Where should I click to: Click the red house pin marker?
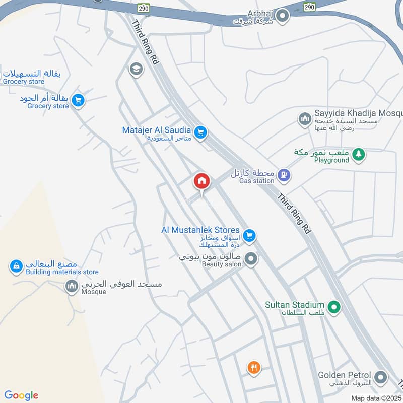coord(201,181)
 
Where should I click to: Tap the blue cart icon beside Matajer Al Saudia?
coord(200,132)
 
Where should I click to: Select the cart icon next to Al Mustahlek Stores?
coord(248,235)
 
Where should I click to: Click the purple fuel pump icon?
coord(285,175)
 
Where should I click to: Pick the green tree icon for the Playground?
coord(358,154)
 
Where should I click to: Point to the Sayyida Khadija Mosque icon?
coord(304,119)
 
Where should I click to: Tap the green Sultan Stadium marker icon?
coord(333,306)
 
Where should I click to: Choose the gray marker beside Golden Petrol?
coord(381,377)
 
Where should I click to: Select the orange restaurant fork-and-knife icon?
coord(254,368)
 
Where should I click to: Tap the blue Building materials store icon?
coord(17,266)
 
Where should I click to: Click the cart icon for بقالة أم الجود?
coord(78,100)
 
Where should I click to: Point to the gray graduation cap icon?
coord(135,69)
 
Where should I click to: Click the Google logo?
coord(21,395)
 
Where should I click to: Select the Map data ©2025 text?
coord(376,398)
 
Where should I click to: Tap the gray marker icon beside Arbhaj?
coord(283,16)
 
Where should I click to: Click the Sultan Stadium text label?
coord(295,304)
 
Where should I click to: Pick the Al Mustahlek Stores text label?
coord(200,230)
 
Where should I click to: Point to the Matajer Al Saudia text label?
coord(156,130)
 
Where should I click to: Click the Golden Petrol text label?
coord(345,375)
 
